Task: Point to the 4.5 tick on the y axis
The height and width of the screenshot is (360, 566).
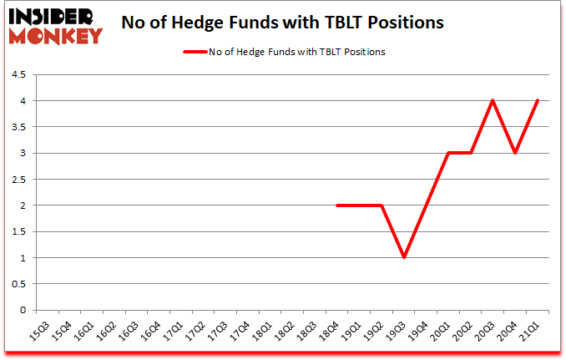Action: tap(18, 75)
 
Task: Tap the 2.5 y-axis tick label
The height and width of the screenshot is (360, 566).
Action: tap(18, 180)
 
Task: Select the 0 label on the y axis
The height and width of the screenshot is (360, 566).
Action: tap(23, 310)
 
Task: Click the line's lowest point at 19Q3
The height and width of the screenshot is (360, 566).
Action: tap(403, 257)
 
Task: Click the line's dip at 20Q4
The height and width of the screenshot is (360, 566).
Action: tap(516, 153)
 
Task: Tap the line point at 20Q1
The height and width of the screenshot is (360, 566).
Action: tap(448, 153)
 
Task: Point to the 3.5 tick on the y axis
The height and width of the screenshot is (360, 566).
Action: tap(18, 127)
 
